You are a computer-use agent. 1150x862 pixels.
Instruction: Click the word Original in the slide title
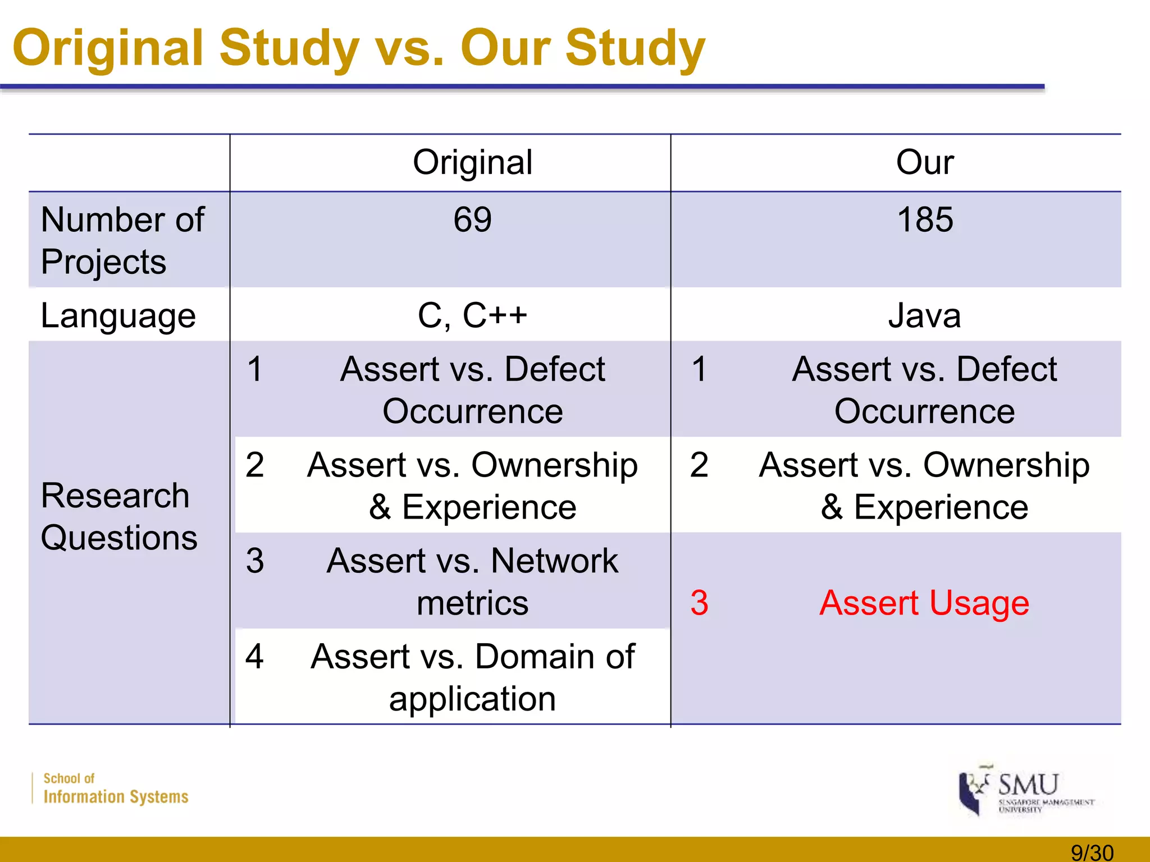(x=108, y=48)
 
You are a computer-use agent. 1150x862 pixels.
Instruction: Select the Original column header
(x=472, y=163)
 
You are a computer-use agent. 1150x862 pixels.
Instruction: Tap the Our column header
(x=924, y=163)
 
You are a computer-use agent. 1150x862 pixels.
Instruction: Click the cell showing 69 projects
(x=472, y=219)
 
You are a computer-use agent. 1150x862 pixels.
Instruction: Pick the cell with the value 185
(x=925, y=219)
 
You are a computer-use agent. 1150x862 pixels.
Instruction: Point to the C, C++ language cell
(x=472, y=315)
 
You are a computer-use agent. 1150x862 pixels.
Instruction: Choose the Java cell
(x=924, y=315)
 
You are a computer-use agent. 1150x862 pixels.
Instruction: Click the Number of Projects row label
(x=122, y=240)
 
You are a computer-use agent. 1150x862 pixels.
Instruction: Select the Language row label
(x=118, y=315)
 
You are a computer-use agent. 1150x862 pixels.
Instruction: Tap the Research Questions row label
(x=119, y=516)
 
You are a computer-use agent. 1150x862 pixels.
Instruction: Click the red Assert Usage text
(x=924, y=603)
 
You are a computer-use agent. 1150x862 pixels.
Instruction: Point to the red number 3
(x=699, y=603)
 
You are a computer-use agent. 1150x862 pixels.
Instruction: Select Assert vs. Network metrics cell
(x=472, y=581)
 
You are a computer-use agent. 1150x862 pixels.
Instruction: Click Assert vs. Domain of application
(x=472, y=677)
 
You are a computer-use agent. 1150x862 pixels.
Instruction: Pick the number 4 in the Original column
(x=254, y=656)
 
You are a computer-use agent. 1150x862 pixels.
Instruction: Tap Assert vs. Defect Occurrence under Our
(x=924, y=390)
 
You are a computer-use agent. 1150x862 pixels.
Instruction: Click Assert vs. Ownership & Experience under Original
(x=472, y=486)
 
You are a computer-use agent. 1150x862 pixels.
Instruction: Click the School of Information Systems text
(x=115, y=789)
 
